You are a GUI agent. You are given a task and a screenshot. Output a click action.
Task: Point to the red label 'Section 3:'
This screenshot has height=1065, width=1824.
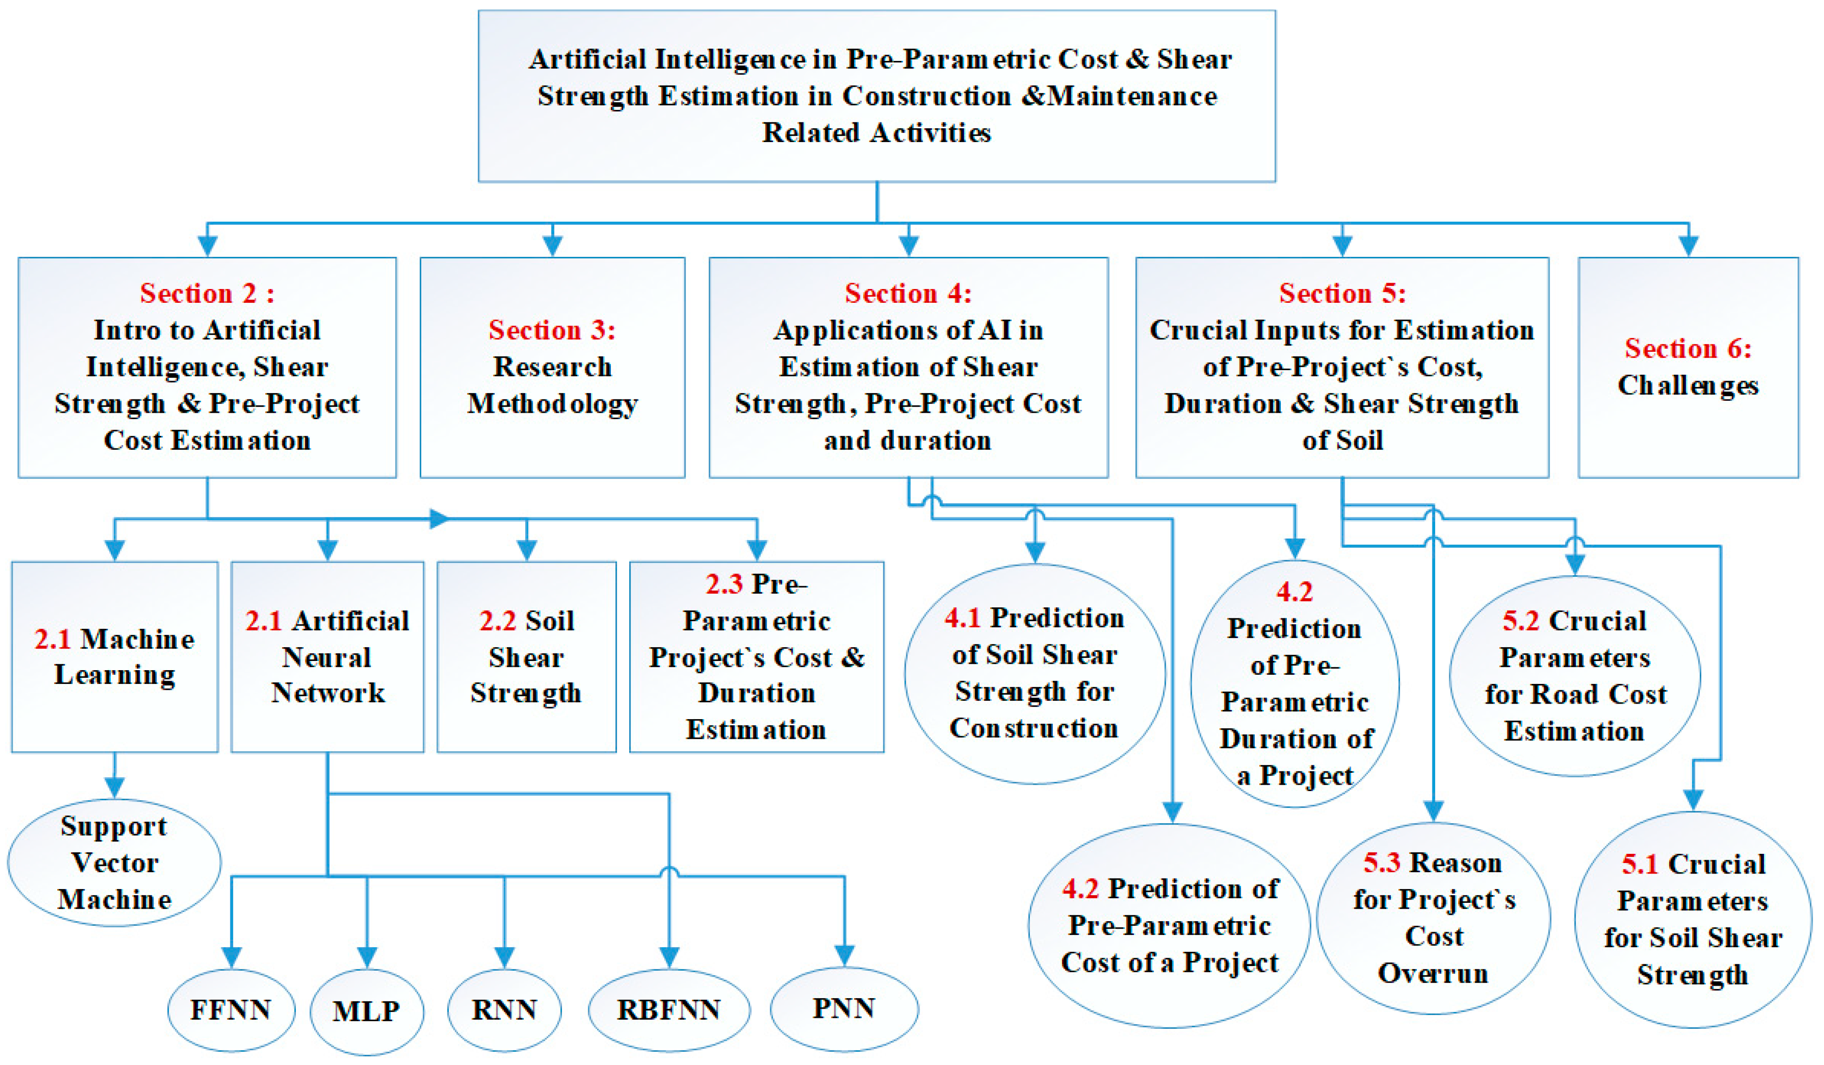coord(552,330)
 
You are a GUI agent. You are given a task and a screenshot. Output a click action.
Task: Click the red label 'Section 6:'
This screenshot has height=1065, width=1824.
coord(1688,348)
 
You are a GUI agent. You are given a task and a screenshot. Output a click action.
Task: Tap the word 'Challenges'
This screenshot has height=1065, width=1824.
coord(1688,385)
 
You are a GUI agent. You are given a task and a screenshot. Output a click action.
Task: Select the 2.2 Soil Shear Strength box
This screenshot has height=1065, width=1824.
coord(526,657)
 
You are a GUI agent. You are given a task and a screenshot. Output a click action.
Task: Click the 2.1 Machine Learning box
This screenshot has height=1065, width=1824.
coord(114,657)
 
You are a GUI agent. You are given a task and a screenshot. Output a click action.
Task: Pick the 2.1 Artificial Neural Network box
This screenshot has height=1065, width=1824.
coord(327,657)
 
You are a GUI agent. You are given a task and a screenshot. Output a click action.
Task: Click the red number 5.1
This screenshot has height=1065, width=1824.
coord(1639,864)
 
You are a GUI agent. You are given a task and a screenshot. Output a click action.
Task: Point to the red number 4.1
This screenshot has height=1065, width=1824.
coord(962,617)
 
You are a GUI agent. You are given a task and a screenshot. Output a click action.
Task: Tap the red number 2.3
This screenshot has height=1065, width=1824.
coord(724,584)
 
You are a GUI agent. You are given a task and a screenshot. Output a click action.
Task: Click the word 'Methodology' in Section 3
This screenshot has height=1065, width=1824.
coord(552,403)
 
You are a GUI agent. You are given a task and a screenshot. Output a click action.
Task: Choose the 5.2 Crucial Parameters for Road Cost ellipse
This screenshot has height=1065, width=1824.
coord(1575,676)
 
